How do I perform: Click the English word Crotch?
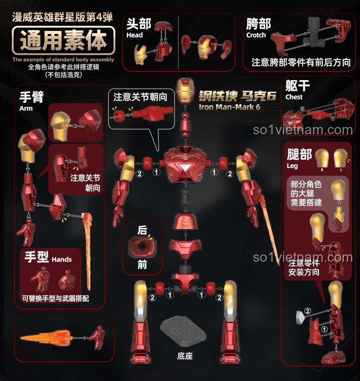click(x=256, y=35)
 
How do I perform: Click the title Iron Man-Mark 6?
click(x=229, y=107)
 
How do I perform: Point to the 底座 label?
click(x=185, y=356)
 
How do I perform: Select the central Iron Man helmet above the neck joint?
click(x=185, y=91)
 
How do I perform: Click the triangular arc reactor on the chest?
click(x=186, y=168)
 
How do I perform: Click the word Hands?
click(x=62, y=259)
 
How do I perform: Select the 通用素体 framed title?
click(x=63, y=41)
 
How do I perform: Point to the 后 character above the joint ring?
click(x=142, y=230)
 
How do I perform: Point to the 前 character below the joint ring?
click(x=142, y=264)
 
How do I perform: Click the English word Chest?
click(x=294, y=97)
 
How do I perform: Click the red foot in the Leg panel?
click(x=333, y=358)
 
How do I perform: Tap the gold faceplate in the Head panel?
click(x=140, y=55)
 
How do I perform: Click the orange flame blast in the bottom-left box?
click(x=46, y=338)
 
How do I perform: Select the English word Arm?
click(x=26, y=108)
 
